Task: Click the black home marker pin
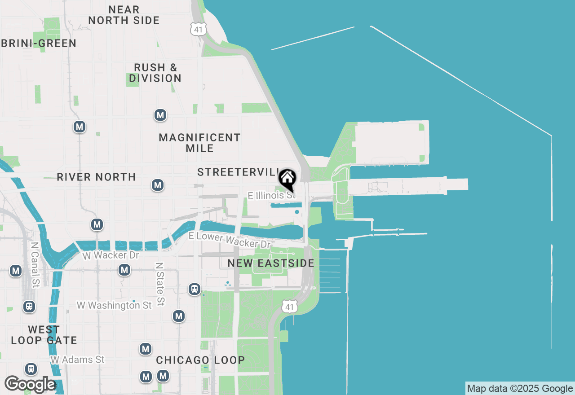click(287, 179)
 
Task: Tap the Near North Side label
click(124, 15)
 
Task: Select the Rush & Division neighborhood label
click(155, 73)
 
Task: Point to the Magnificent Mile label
click(199, 143)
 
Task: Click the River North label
click(96, 177)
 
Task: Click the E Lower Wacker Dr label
click(230, 240)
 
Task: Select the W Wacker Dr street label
click(111, 255)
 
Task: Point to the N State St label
click(159, 278)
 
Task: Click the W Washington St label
click(114, 305)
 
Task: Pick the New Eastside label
click(271, 263)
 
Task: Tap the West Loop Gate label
click(44, 335)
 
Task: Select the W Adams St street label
click(77, 360)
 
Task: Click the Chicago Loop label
click(200, 360)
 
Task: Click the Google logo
click(30, 384)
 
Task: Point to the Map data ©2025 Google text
click(520, 389)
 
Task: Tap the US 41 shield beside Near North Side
click(198, 29)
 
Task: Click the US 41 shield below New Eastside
click(290, 307)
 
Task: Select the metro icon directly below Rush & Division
click(160, 115)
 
